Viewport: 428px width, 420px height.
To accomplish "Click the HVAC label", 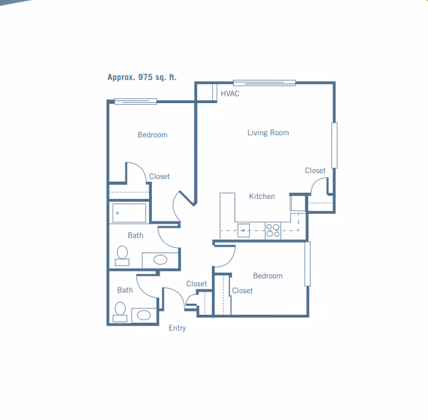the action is [x=230, y=94].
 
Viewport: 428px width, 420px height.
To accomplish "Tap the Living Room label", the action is [x=268, y=133].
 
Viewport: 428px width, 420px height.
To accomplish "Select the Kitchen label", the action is [x=262, y=196].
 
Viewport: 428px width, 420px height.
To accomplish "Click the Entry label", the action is [x=177, y=328].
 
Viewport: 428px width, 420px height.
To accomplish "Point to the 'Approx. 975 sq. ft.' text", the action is [x=142, y=77].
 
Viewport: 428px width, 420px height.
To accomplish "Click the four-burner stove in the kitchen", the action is [x=273, y=230].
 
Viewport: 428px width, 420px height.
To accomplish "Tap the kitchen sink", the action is [x=243, y=230].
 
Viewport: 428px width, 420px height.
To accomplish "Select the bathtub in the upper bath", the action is [x=129, y=213].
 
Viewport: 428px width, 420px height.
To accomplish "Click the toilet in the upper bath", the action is [x=122, y=255].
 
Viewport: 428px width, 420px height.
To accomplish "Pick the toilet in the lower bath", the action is [x=120, y=312].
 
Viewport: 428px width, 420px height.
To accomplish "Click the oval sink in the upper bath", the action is [x=160, y=260].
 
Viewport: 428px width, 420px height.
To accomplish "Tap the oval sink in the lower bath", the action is [x=143, y=315].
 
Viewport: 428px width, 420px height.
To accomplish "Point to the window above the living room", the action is [x=264, y=83].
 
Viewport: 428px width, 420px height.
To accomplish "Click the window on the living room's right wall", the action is [x=334, y=145].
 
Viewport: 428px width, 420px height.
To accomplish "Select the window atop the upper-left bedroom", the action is [x=135, y=102].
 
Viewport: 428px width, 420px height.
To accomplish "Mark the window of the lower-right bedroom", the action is [x=307, y=264].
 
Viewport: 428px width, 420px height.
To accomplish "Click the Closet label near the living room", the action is [x=315, y=170].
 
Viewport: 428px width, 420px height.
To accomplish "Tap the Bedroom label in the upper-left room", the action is [x=152, y=135].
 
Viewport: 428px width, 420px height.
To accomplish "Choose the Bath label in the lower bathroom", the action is [x=125, y=290].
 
